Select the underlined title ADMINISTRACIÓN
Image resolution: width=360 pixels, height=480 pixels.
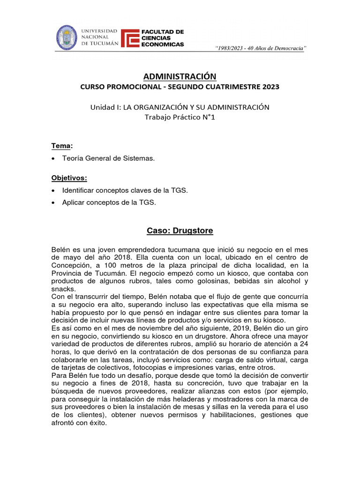180,76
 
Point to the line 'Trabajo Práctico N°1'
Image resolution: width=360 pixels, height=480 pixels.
180,117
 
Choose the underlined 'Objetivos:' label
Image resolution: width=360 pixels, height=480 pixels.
69,178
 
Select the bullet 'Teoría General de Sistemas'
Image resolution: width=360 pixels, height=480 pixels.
108,159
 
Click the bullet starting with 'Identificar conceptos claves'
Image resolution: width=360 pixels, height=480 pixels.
125,191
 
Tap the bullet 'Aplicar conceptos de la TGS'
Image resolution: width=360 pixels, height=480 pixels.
108,203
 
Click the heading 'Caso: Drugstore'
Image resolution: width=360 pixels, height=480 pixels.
180,231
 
